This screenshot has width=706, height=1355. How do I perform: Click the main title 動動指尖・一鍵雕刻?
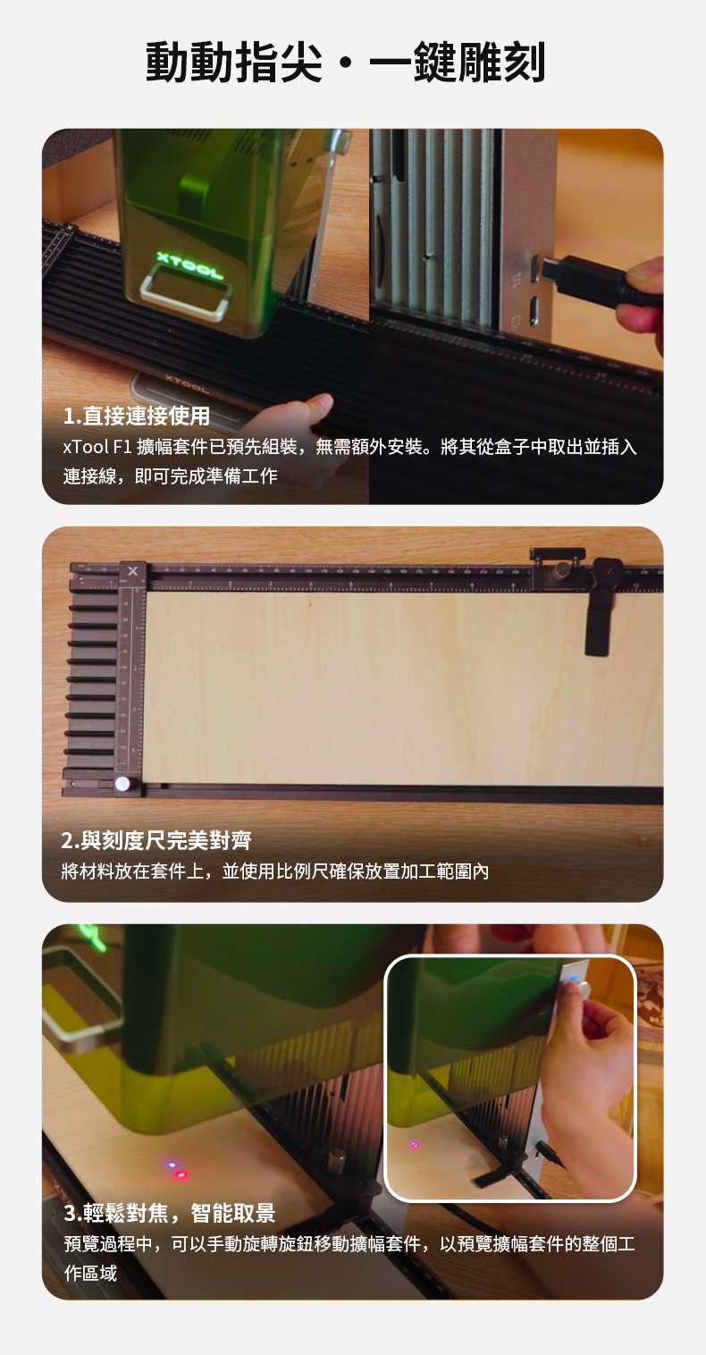346,63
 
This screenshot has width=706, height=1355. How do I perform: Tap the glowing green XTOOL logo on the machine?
189,265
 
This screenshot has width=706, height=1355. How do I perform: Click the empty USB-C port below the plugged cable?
534,311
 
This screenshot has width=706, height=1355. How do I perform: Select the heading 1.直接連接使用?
137,416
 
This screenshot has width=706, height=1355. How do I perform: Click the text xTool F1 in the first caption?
97,447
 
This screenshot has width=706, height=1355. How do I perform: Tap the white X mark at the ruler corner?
133,570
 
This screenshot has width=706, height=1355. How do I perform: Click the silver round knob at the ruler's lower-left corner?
122,783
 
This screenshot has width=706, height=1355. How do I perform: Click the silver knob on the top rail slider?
563,568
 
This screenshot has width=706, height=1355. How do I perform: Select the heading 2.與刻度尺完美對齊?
156,840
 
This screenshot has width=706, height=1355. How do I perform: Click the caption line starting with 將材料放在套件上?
274,871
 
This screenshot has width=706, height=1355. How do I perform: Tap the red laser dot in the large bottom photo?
181,1174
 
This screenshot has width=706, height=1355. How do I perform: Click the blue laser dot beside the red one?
172,1165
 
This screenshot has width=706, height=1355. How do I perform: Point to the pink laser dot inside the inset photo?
415,1144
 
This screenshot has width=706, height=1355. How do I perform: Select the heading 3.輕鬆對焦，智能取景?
170,1213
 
